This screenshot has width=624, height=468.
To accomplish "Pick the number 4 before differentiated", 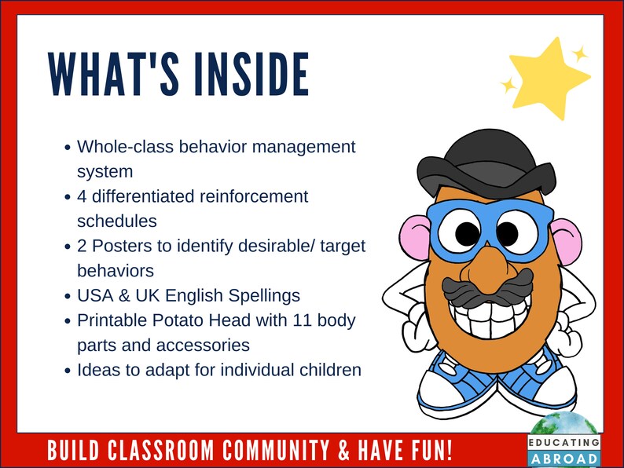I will click(x=82, y=196).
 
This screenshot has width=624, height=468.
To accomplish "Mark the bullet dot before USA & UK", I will click(x=68, y=296).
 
